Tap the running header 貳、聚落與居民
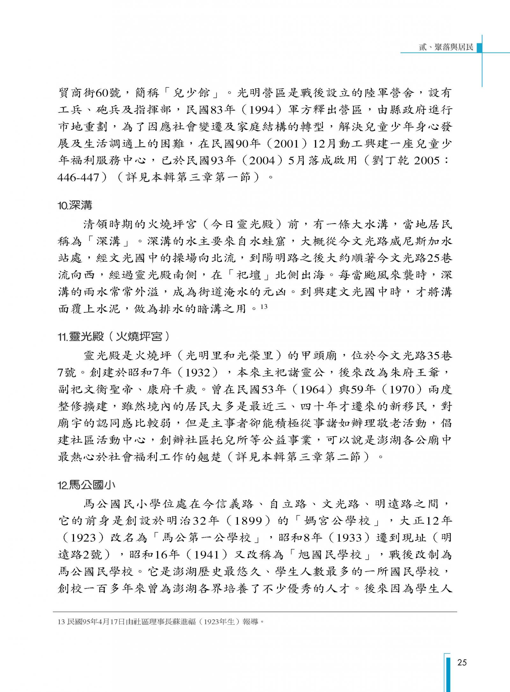point(446,47)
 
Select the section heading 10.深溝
point(75,206)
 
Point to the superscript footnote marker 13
point(264,307)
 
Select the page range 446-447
point(78,177)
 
